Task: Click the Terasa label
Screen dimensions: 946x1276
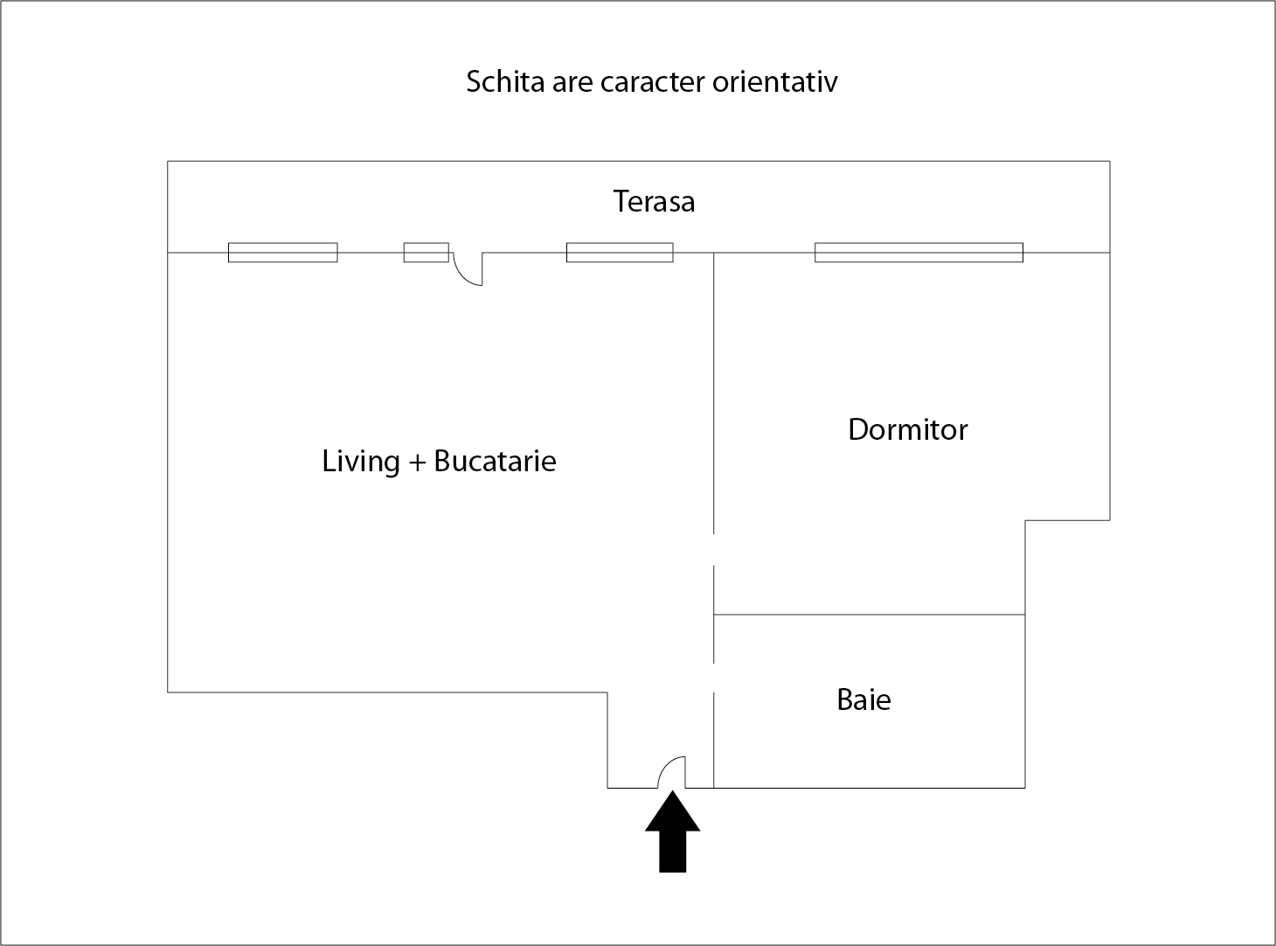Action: (x=654, y=202)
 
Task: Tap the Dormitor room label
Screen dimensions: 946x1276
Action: (x=908, y=430)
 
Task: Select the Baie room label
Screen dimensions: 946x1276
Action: (x=863, y=699)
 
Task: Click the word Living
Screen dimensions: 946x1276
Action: (x=361, y=461)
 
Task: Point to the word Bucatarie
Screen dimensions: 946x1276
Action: (x=495, y=461)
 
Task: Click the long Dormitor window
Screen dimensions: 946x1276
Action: (x=919, y=253)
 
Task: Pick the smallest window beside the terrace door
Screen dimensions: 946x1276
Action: (x=426, y=253)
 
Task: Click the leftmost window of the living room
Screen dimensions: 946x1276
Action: (x=282, y=253)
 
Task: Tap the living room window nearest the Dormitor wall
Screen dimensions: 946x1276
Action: (x=620, y=253)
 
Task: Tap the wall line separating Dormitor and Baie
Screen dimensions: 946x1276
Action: (x=870, y=615)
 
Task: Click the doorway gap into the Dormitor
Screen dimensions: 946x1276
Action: (x=714, y=549)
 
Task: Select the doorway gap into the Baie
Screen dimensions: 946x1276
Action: (x=714, y=678)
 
